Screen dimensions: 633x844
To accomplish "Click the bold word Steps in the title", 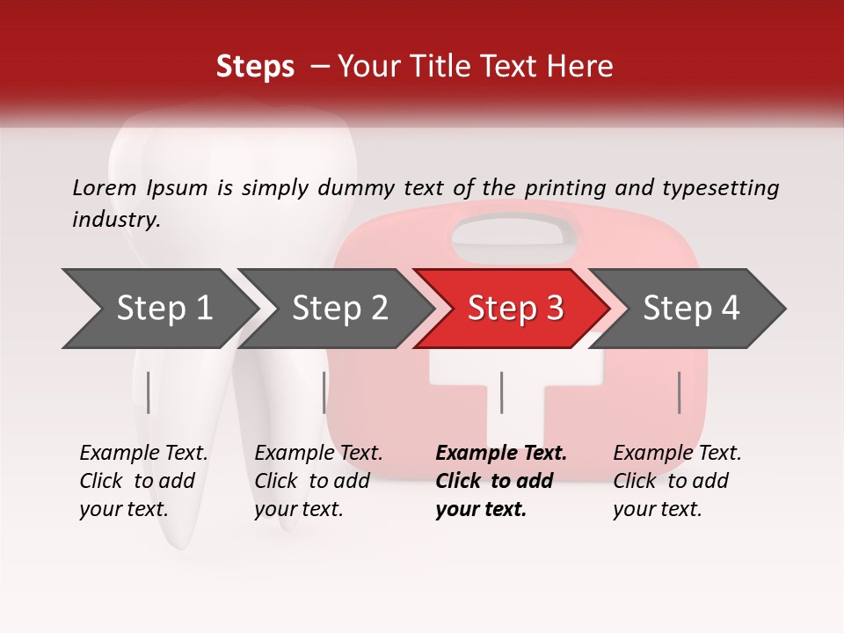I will [255, 66].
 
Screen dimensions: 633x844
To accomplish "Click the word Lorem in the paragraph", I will [105, 187].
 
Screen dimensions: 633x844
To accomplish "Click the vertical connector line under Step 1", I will [149, 392].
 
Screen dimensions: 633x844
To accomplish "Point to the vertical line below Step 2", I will [324, 392].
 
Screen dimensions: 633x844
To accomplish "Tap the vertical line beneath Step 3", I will [501, 392].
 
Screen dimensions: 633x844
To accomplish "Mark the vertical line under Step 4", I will [680, 392].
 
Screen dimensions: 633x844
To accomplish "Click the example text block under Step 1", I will [143, 481].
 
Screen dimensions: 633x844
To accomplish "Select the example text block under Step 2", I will [318, 481].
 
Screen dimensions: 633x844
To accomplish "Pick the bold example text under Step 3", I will [501, 481].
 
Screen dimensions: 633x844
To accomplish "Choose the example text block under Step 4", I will [677, 481].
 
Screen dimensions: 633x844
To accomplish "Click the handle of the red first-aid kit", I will [514, 233].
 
